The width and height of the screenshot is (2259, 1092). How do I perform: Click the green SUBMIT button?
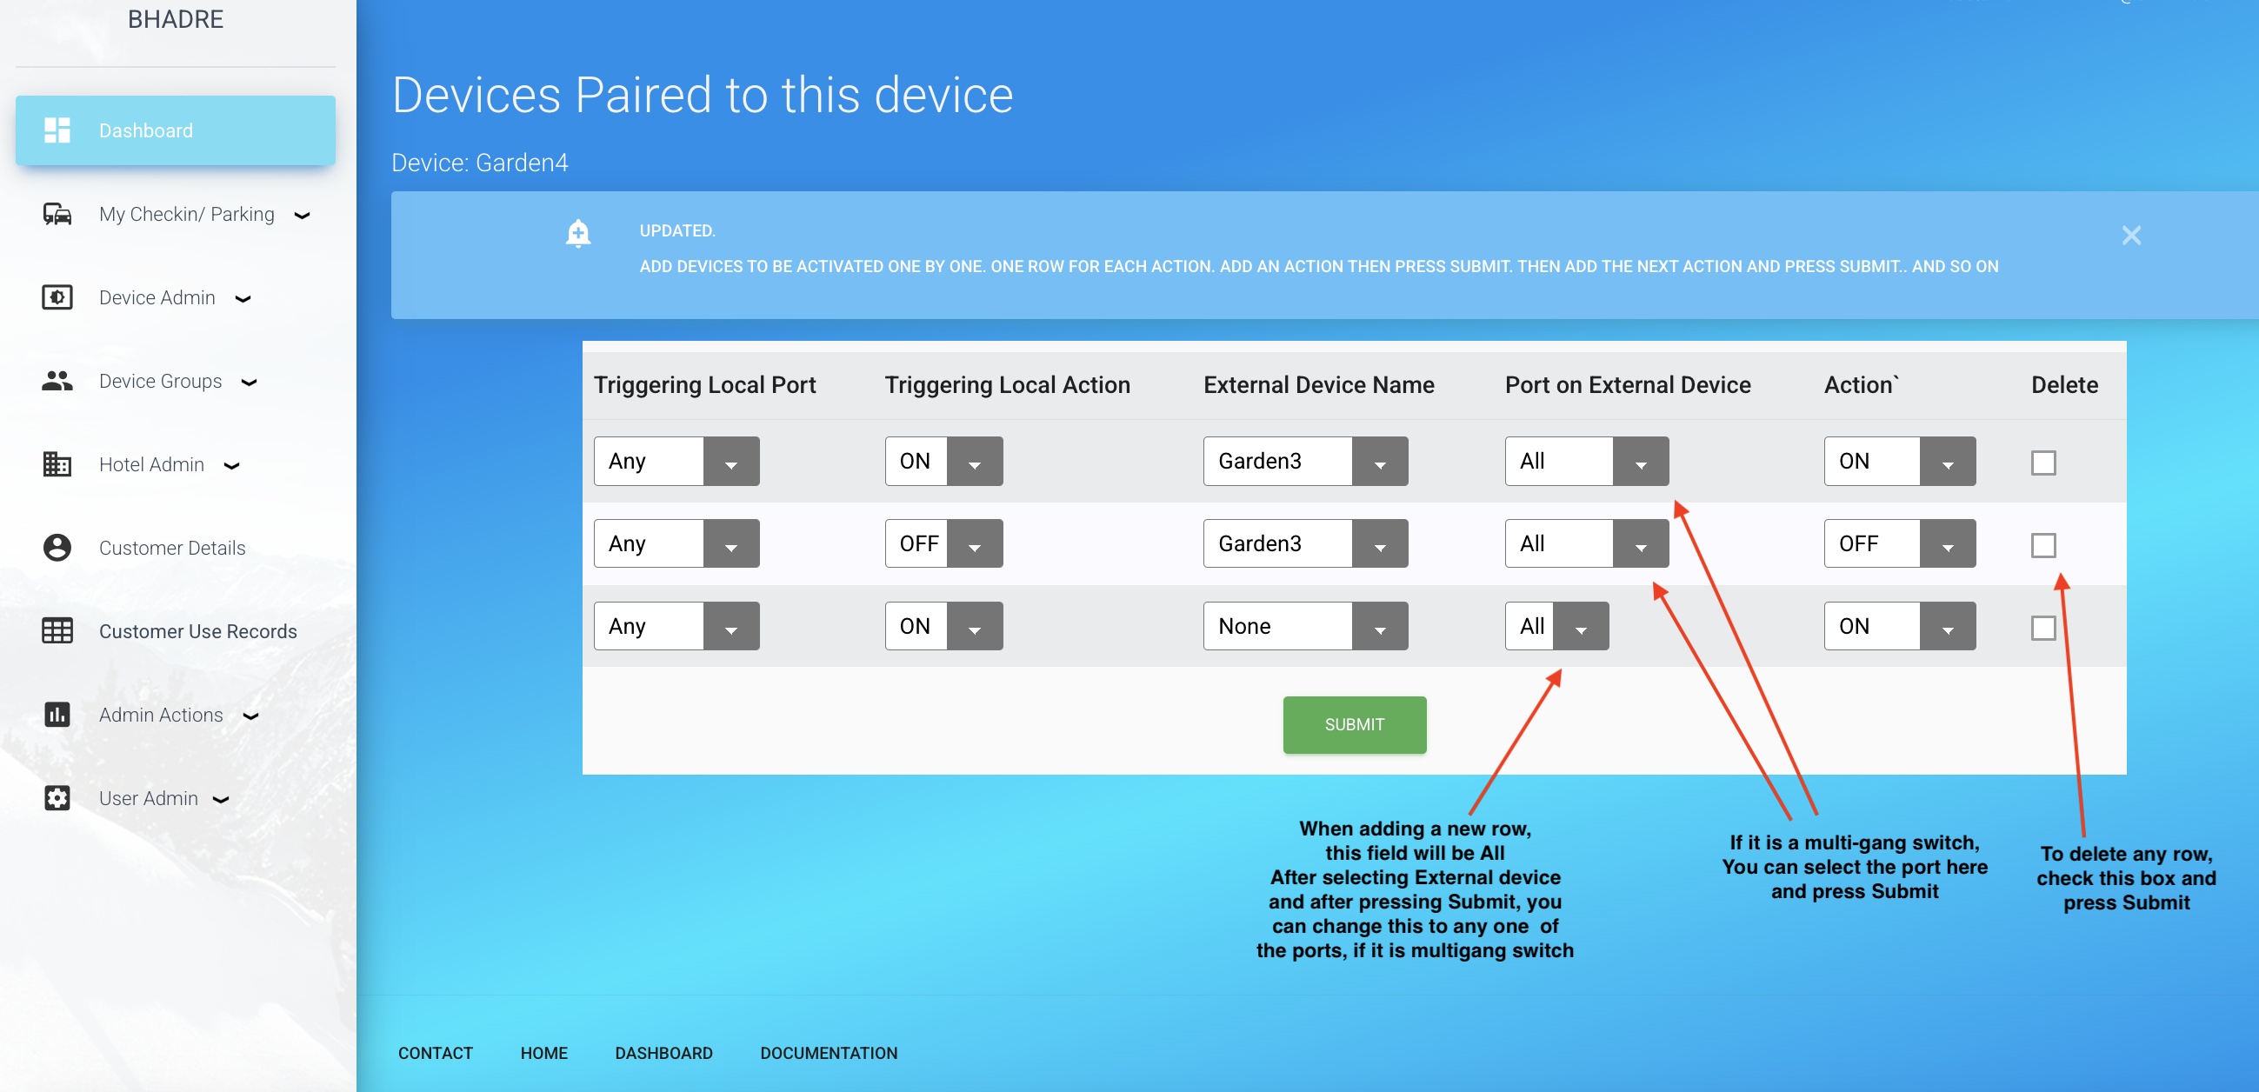click(1354, 724)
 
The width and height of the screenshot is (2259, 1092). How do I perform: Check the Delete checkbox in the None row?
click(2043, 627)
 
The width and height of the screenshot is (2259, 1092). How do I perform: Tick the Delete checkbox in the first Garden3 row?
click(2043, 463)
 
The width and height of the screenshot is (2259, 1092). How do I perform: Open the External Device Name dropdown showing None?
click(1305, 626)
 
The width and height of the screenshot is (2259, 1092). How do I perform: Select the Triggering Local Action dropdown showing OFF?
click(943, 543)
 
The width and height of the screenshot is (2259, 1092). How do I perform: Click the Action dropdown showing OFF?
click(1899, 543)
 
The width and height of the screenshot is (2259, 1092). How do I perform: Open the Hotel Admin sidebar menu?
click(151, 464)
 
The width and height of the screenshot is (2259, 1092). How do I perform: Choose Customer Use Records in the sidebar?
click(197, 630)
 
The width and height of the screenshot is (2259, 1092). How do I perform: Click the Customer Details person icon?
click(57, 548)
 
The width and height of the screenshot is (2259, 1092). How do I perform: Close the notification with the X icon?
click(2131, 235)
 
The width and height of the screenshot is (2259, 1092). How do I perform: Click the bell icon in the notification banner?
click(578, 233)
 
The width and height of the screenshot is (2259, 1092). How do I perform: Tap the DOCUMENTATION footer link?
click(829, 1053)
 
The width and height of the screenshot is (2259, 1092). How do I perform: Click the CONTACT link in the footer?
click(435, 1053)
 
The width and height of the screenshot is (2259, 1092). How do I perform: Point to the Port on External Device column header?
click(1628, 384)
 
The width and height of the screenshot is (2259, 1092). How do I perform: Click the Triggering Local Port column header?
click(704, 384)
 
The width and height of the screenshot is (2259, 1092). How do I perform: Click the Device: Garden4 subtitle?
click(480, 163)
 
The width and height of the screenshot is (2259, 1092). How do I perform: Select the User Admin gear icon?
click(57, 797)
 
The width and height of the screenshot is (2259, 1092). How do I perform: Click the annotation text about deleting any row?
click(2126, 878)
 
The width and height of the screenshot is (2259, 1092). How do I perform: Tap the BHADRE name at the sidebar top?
click(176, 19)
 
